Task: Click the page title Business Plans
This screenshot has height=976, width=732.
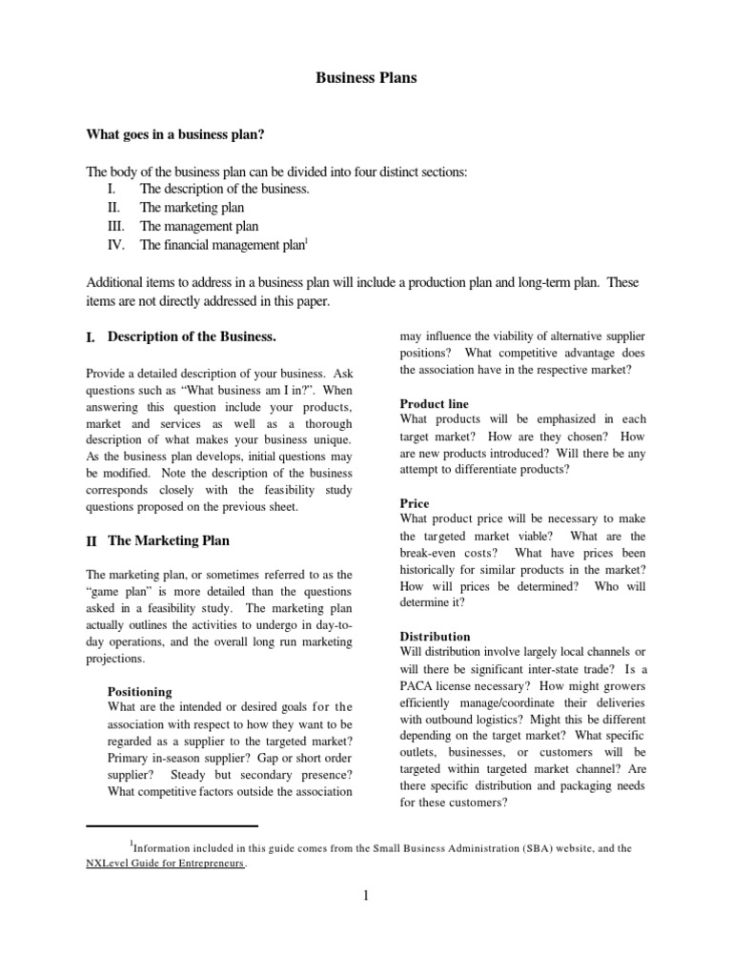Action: click(366, 78)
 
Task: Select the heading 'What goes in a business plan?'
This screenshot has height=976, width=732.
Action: click(175, 134)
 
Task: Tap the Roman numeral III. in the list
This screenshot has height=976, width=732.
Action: click(115, 226)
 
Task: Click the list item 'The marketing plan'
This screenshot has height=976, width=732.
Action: click(192, 207)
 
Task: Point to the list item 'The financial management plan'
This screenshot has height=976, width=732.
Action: click(222, 245)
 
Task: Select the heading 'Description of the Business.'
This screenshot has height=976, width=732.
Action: click(192, 336)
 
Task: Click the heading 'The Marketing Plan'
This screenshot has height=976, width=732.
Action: click(169, 540)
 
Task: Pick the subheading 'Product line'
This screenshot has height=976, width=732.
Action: click(434, 404)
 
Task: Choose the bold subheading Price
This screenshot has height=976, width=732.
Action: click(415, 503)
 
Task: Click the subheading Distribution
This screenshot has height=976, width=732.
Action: click(435, 637)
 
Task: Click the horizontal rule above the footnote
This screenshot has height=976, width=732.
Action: click(173, 825)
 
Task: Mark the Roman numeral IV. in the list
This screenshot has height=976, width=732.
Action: click(115, 245)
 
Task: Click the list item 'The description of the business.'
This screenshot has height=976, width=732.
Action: click(225, 189)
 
